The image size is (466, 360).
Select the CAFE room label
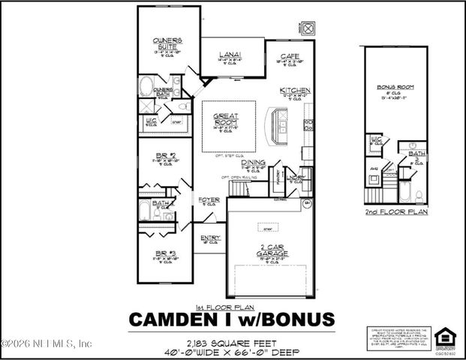pyautogui.click(x=290, y=55)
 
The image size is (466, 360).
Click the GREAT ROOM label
pyautogui.click(x=226, y=120)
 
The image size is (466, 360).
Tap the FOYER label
pyautogui.click(x=209, y=199)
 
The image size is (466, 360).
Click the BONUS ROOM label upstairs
pyautogui.click(x=395, y=88)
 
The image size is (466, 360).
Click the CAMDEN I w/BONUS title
pyautogui.click(x=231, y=319)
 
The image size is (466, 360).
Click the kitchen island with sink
pyautogui.click(x=281, y=120)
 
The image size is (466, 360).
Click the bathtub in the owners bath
pyautogui.click(x=146, y=83)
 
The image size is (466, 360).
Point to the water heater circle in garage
pyautogui.click(x=306, y=202)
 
